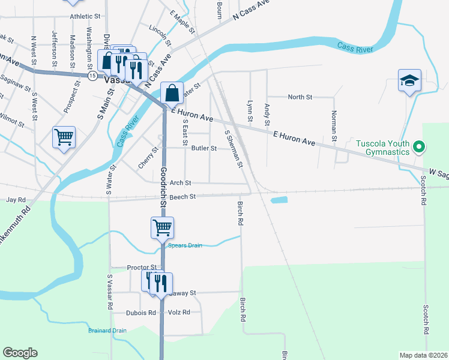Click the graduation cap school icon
(409, 80)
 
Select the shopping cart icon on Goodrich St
(162, 227)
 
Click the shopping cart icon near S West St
(64, 136)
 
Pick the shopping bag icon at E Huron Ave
(172, 93)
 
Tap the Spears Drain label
(185, 245)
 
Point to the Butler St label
(204, 148)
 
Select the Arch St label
(180, 182)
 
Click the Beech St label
(183, 196)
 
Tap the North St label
(300, 97)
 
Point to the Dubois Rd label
(141, 313)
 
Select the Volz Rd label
(179, 313)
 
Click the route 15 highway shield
(92, 76)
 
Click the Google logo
(20, 353)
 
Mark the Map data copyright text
(423, 355)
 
